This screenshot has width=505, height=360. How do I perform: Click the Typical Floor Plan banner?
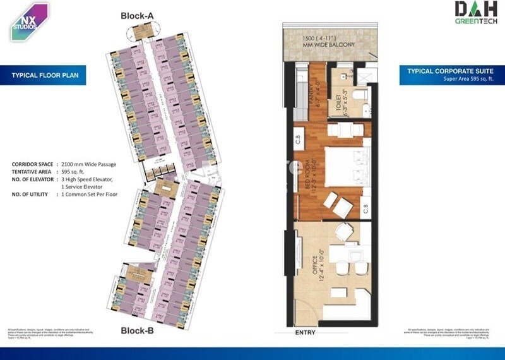(43, 76)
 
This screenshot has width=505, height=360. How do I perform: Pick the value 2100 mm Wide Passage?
(89, 164)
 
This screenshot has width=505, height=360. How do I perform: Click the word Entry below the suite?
(306, 333)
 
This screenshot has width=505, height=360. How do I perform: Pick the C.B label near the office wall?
(365, 207)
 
